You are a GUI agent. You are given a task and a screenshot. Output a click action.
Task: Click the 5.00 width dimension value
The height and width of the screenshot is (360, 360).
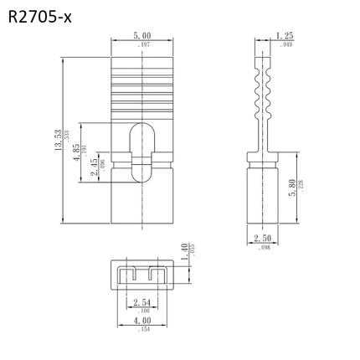coord(142,36)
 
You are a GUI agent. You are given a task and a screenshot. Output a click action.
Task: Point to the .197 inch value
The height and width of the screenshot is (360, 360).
coord(142,44)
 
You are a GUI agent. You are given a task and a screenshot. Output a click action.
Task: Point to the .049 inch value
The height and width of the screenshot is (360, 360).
coord(285,44)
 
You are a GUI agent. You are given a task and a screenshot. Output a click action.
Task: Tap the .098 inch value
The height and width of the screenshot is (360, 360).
coord(260,249)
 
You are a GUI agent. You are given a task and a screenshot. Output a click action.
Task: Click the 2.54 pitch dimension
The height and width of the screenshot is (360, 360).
coord(141,302)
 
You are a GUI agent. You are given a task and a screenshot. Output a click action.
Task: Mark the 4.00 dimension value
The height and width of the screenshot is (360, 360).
coord(141,321)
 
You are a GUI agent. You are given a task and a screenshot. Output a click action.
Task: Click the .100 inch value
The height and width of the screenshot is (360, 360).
coord(141,311)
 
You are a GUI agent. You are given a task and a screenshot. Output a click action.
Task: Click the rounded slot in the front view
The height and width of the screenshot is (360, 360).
coord(141,151)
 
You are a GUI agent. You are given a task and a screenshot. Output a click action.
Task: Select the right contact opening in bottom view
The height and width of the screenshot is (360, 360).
coord(155,274)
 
